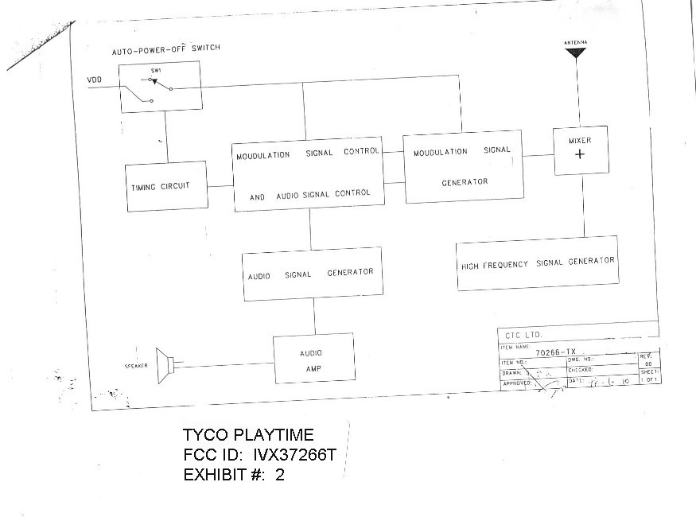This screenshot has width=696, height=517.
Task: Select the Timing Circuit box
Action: click(165, 187)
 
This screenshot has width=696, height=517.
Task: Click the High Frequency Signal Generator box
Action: click(538, 262)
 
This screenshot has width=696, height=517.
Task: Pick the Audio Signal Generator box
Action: click(311, 274)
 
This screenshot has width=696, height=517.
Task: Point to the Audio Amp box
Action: click(313, 360)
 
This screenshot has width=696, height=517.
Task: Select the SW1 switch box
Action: click(161, 87)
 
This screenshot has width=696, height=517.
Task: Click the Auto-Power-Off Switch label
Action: click(165, 49)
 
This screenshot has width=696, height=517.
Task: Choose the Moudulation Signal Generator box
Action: click(464, 166)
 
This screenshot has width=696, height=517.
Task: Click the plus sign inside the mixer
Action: click(579, 155)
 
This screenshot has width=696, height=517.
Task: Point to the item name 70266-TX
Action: click(554, 351)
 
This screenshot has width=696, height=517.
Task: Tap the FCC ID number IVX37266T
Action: click(301, 455)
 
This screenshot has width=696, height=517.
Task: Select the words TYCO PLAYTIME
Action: click(248, 435)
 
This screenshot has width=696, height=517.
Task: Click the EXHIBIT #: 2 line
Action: click(234, 475)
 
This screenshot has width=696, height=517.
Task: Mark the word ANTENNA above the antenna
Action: click(574, 41)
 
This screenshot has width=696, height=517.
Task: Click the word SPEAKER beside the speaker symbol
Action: click(137, 367)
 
